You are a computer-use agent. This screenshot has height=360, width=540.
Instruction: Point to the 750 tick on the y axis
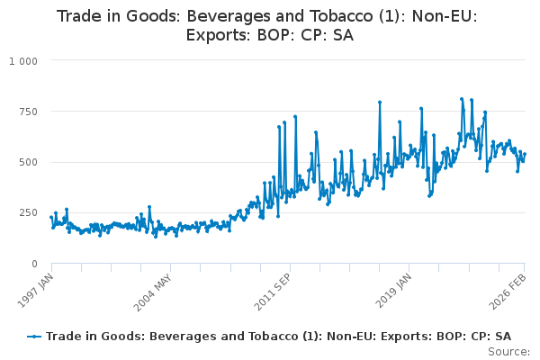click(27, 112)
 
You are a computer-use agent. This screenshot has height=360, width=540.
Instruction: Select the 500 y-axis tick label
click(27, 162)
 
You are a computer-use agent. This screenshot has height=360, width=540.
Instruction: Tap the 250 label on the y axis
click(27, 213)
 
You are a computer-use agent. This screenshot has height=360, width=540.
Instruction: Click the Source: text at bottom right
click(509, 351)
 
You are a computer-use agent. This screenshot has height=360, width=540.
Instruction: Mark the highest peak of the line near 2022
click(462, 99)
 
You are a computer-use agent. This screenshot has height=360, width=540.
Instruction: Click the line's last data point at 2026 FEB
click(525, 154)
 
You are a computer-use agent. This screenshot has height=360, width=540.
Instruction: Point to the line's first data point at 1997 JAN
click(50, 217)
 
